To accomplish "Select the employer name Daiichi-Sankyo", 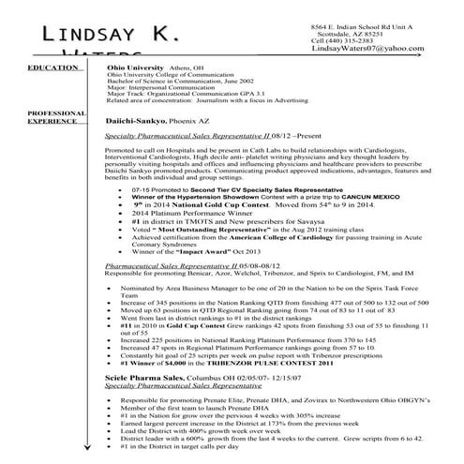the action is coord(137,121).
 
